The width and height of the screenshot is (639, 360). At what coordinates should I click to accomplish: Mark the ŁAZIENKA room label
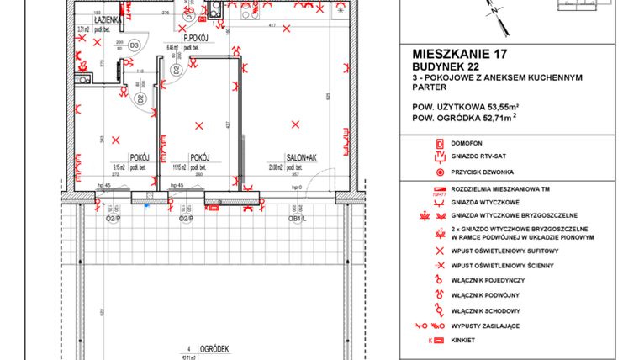coord(110,18)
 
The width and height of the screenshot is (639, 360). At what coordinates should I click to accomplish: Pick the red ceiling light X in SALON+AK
coord(293,124)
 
